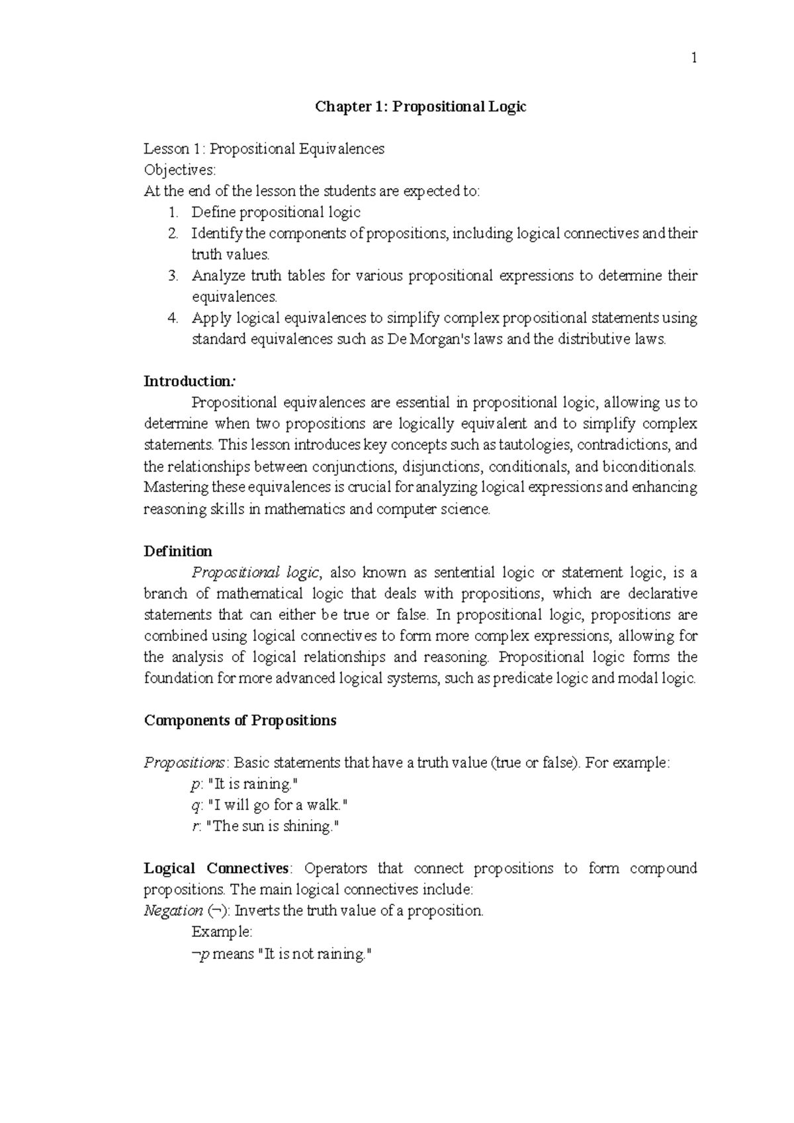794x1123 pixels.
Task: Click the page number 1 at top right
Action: pos(694,58)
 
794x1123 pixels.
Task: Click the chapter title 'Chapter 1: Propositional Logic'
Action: pos(420,107)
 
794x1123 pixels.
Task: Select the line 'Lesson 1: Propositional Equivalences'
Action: pos(264,149)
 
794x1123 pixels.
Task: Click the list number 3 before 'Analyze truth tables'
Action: pos(173,276)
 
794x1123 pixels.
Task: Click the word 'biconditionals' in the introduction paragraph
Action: pos(648,466)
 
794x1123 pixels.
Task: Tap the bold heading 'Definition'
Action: pos(178,552)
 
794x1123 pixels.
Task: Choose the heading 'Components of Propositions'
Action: pos(240,720)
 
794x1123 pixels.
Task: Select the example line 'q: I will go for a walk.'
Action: pos(269,805)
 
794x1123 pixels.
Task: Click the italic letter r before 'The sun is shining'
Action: pos(194,826)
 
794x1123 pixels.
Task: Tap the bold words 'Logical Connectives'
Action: pos(216,869)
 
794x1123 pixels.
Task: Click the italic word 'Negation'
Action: pos(173,911)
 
